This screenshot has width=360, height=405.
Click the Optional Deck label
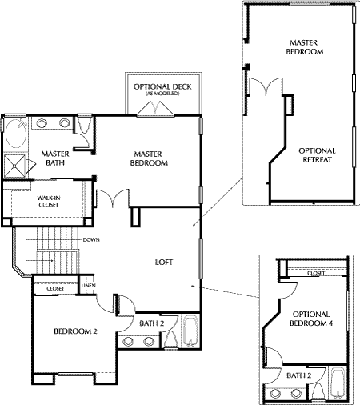(x=162, y=89)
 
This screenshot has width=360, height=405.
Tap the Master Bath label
(x=55, y=158)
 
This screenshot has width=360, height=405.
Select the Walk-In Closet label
(x=49, y=202)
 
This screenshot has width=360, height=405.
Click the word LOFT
(x=164, y=263)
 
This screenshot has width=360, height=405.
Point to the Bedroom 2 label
(x=75, y=331)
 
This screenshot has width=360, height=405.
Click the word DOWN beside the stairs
(x=91, y=239)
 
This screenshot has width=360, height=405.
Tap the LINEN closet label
(x=89, y=286)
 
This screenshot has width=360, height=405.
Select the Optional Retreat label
(x=317, y=155)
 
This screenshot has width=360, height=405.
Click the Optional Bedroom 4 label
(x=311, y=319)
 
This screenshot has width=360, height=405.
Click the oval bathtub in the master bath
(x=16, y=134)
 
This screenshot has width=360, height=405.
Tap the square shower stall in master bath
(x=14, y=166)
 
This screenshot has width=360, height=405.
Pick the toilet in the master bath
(x=83, y=125)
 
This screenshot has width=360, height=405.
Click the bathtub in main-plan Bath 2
(x=190, y=331)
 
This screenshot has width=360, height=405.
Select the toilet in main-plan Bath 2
(x=171, y=340)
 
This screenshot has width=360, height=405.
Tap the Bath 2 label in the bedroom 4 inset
(x=298, y=375)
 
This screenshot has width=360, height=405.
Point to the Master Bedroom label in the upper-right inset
(x=304, y=47)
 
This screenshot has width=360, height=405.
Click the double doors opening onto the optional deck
(x=155, y=109)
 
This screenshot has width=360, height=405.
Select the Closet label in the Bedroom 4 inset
(x=316, y=273)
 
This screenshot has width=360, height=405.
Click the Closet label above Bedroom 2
(x=55, y=289)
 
